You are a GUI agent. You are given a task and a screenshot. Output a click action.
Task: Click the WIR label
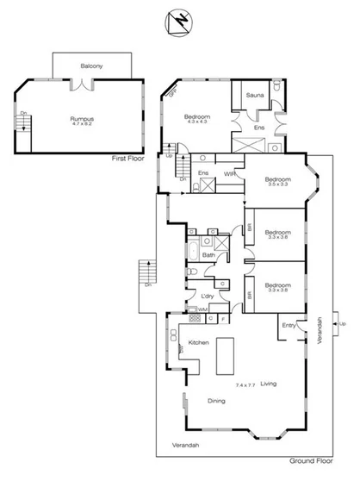230,174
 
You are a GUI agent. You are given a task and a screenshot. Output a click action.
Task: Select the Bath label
208,255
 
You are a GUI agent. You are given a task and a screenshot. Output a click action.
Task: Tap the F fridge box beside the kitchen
223,319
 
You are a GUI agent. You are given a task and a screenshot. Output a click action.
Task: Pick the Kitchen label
199,343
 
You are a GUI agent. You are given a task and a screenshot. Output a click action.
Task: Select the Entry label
289,325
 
